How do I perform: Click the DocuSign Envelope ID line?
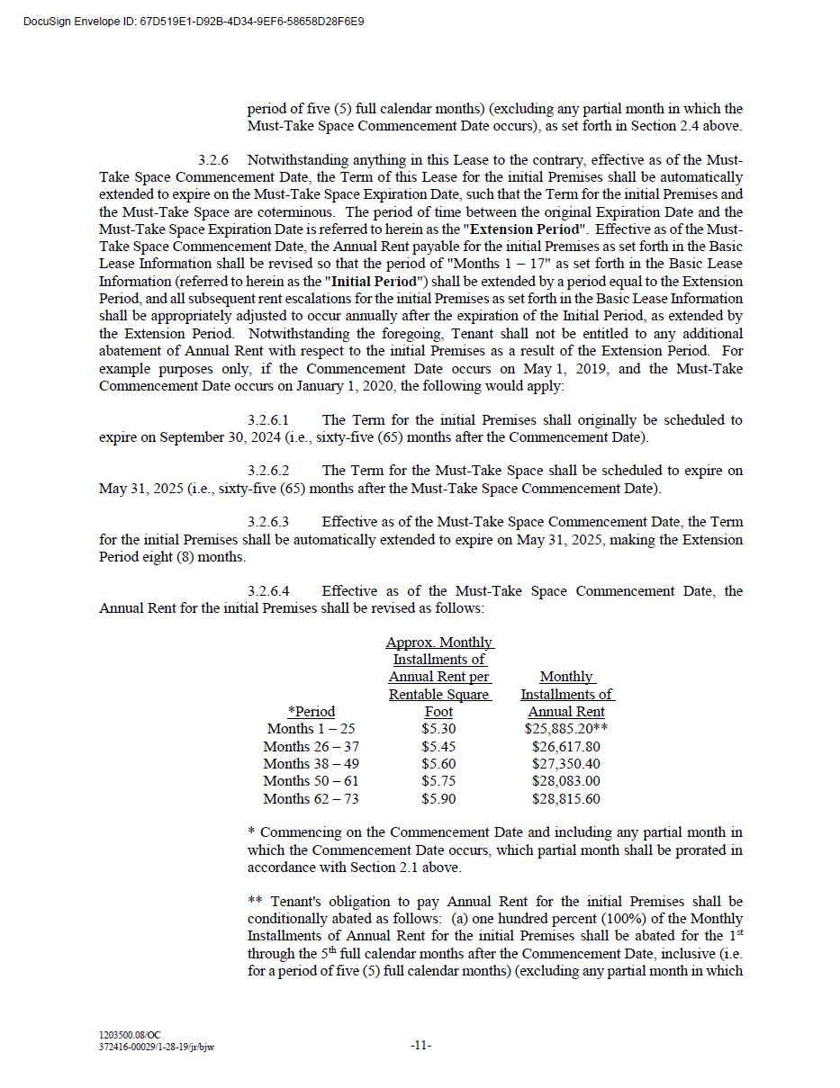194,21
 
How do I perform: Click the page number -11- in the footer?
420,1045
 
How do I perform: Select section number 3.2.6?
213,160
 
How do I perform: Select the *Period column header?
311,712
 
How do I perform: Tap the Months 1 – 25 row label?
311,729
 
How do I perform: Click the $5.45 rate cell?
438,747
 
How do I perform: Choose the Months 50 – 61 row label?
311,781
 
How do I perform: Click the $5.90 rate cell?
438,799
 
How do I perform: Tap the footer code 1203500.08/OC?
131,1036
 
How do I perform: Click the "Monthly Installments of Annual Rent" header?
566,694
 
